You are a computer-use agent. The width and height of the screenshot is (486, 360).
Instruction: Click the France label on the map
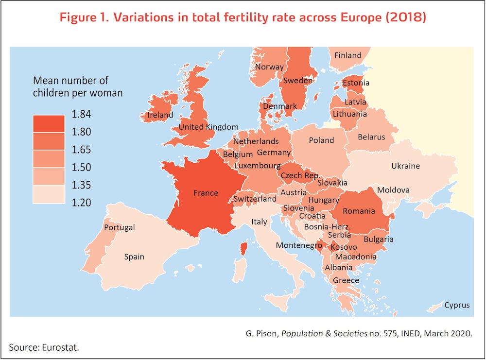point(206,193)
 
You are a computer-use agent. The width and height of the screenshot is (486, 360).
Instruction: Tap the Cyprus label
point(457,305)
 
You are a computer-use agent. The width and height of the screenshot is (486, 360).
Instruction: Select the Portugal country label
point(120,227)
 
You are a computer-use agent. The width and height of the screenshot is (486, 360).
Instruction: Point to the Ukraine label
point(405,166)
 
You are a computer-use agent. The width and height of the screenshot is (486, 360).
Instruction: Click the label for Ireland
point(160,115)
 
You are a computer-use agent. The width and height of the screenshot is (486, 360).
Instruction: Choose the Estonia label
point(356,83)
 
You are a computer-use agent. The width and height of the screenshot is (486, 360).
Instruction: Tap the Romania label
point(359,211)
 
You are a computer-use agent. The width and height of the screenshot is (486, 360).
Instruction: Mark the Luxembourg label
point(257,166)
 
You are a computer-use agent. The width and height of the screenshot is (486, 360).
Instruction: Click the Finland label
point(347,55)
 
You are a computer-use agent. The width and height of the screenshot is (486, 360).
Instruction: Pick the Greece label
point(346,280)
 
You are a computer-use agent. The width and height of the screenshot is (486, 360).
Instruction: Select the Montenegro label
point(299,246)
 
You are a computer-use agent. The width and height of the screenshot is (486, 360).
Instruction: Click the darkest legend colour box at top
point(49,123)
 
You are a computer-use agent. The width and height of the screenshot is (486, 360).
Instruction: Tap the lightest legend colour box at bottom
point(49,194)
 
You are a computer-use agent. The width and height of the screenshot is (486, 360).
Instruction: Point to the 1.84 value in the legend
point(81,115)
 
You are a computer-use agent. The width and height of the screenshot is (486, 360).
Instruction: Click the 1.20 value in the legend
point(81,203)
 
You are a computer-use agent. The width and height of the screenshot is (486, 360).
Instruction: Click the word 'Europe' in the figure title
point(354,17)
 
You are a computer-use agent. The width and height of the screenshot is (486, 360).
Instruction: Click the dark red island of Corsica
point(243,248)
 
